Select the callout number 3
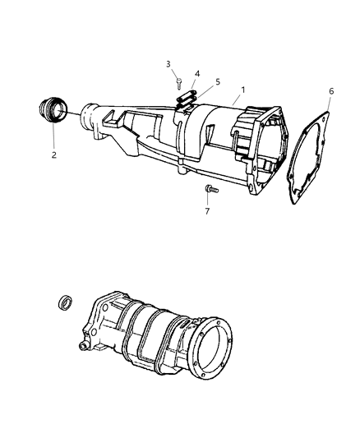pyautogui.click(x=168, y=64)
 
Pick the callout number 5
pyautogui.click(x=217, y=83)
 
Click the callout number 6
pyautogui.click(x=331, y=91)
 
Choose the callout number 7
pyautogui.click(x=206, y=211)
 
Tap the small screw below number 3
pyautogui.click(x=178, y=81)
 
